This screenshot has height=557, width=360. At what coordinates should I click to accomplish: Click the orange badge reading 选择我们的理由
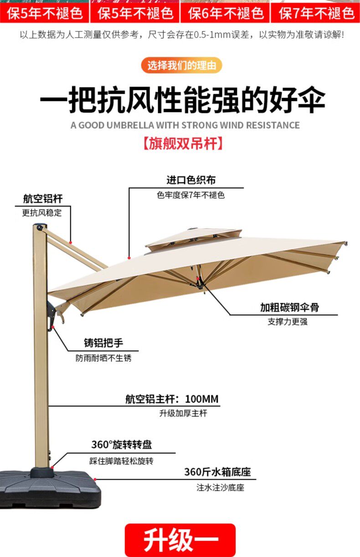tap(181, 65)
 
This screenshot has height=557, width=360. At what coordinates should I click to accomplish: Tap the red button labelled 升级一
tap(180, 540)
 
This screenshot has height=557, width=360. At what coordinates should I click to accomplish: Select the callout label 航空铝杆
tap(43, 199)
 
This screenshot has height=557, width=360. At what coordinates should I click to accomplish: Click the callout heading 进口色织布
tap(191, 180)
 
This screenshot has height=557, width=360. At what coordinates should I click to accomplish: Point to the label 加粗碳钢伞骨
tap(290, 307)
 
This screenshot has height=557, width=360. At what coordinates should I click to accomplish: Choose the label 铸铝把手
tap(103, 343)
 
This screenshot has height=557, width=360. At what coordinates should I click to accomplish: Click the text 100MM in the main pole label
tap(202, 399)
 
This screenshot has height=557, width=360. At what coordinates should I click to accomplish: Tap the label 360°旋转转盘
tap(122, 445)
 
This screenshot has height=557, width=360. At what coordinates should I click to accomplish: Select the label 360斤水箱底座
tap(217, 472)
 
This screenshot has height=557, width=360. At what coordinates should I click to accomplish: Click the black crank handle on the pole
tap(51, 314)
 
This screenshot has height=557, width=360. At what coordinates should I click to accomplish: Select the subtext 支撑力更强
tap(288, 322)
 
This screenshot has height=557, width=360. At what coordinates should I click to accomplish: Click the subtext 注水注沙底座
tap(220, 488)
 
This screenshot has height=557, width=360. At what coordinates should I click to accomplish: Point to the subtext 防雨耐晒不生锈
tap(103, 358)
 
